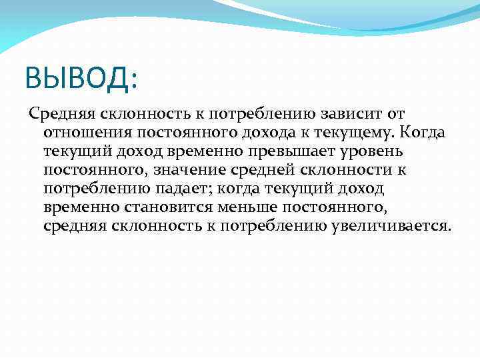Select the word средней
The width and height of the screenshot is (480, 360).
[252, 170]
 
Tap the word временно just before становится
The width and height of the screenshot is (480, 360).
[80, 207]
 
